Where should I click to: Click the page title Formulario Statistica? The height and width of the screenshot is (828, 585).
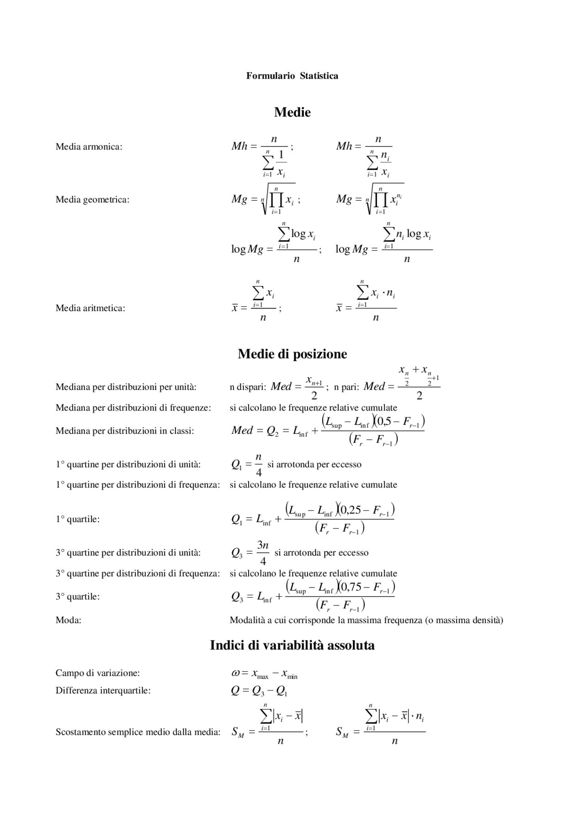point(292,76)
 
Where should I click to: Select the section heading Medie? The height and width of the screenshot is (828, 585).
point(292,112)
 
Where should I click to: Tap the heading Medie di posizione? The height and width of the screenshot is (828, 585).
point(292,354)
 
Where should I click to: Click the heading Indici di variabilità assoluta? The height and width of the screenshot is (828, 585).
point(292,646)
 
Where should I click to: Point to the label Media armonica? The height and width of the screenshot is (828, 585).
point(89,147)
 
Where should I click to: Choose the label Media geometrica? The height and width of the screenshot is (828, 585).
point(92,200)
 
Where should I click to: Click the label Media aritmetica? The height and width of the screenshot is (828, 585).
point(90,308)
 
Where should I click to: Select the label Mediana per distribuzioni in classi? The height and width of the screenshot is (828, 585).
point(124,431)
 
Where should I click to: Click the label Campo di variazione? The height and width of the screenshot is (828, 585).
point(97,673)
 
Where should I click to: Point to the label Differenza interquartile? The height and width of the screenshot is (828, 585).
point(103,690)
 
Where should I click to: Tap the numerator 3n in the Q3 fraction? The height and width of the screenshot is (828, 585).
point(263,545)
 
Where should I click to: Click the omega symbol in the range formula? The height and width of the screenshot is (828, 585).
point(235,673)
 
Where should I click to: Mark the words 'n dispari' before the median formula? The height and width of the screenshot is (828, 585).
point(248,387)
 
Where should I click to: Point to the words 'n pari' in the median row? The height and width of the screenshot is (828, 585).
point(346,387)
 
